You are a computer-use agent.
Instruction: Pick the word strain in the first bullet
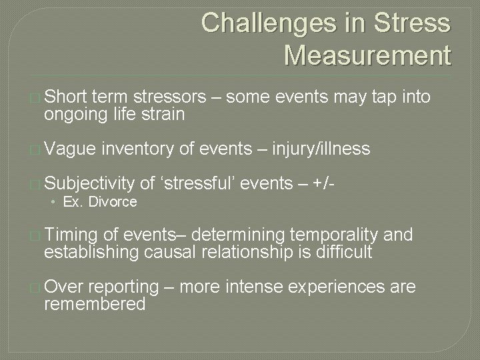click(x=164, y=115)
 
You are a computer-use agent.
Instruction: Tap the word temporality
click(x=338, y=235)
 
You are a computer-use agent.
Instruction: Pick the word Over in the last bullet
click(x=65, y=287)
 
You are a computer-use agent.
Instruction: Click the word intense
click(x=253, y=287)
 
